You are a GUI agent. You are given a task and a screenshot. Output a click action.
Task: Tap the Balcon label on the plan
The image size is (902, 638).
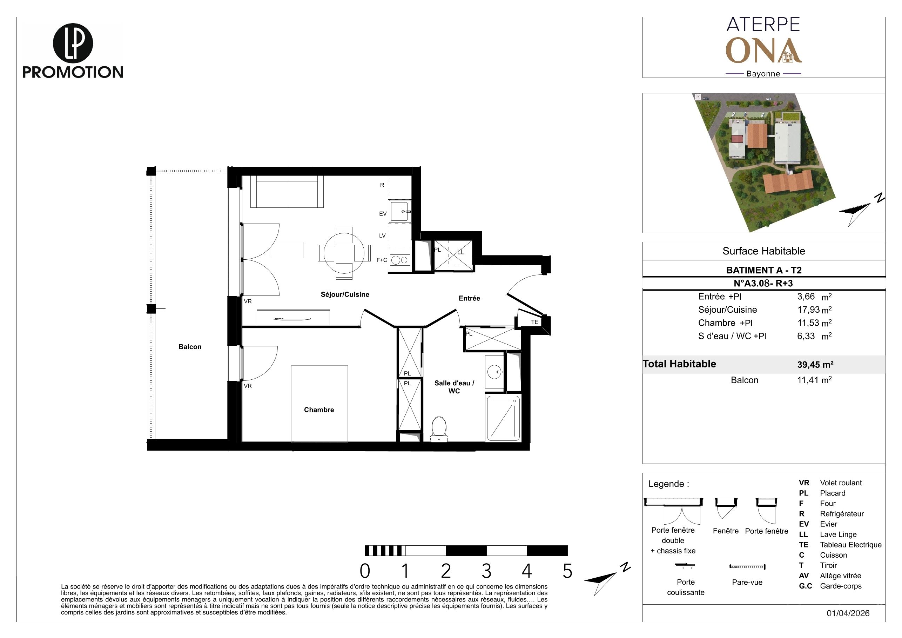tap(190, 347)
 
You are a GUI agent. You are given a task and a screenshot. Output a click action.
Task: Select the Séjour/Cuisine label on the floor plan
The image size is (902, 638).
tap(345, 294)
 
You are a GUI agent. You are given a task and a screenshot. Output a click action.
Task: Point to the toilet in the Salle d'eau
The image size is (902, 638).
tap(439, 429)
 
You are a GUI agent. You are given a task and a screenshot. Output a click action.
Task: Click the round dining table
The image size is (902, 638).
tap(344, 253)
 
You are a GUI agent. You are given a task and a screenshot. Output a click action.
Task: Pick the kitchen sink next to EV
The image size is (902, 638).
tap(400, 212)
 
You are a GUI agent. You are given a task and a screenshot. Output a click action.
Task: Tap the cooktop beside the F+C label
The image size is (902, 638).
tap(399, 260)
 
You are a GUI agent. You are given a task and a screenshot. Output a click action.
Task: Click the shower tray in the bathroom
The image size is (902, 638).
tap(503, 418)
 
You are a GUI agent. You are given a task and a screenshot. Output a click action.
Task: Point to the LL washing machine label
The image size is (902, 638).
tap(460, 252)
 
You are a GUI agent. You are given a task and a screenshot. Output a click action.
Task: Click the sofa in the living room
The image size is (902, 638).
tap(287, 192)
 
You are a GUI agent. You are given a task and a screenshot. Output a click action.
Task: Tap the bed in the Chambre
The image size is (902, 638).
tap(319, 404)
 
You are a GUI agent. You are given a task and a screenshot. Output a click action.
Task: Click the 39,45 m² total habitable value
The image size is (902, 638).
tap(815, 365)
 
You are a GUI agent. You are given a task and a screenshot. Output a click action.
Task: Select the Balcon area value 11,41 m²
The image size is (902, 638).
tap(814, 380)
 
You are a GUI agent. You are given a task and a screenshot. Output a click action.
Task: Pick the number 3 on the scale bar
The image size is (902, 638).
tap(486, 571)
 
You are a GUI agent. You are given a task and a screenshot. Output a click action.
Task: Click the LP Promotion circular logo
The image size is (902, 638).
tap(73, 43)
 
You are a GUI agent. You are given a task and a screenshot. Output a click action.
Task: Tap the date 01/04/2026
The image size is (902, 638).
tap(848, 613)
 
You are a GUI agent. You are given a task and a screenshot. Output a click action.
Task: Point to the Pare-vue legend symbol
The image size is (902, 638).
tap(747, 567)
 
